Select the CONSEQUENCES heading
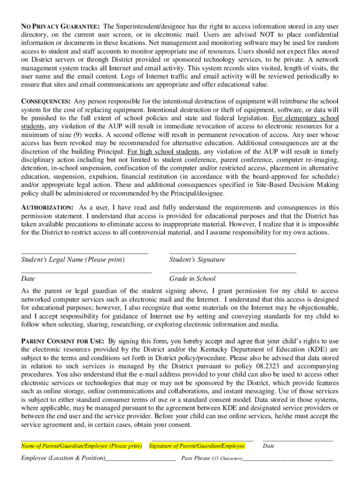(46, 102)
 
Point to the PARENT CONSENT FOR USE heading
(63, 341)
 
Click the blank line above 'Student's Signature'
(232, 253)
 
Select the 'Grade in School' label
(192, 279)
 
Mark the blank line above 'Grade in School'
(232, 272)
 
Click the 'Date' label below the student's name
(28, 279)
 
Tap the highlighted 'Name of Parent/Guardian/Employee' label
(81, 446)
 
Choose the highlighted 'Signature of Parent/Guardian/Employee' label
(197, 446)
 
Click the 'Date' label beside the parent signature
(268, 446)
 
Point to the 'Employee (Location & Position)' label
(63, 458)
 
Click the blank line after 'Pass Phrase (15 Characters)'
(288, 460)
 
